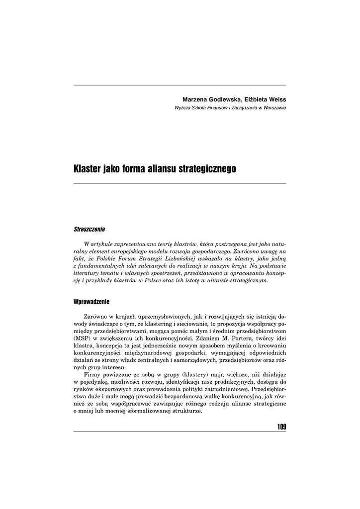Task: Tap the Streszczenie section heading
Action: pyautogui.click(x=89, y=230)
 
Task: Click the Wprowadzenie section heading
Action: pyautogui.click(x=91, y=302)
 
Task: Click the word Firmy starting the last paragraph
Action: pyautogui.click(x=93, y=374)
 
